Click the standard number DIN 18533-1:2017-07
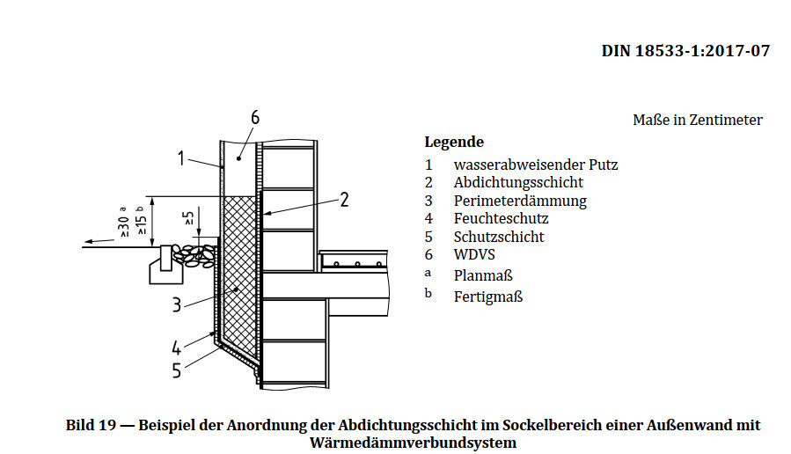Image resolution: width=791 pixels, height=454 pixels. point(685,51)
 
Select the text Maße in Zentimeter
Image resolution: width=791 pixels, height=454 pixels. point(697,120)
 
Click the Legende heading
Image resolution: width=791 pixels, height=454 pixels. point(454,142)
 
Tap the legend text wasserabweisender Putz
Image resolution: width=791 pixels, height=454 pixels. point(536,164)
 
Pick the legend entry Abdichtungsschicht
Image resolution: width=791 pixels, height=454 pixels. point(518,182)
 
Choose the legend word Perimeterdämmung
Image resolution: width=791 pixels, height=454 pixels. point(520,201)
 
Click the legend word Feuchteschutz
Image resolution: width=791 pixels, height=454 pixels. point(501,218)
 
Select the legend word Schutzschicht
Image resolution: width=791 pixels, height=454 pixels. point(499,237)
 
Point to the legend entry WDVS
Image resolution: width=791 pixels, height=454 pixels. point(473,254)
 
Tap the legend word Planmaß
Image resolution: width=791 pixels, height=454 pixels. point(483,275)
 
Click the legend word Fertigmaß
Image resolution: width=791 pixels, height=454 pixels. point(488,297)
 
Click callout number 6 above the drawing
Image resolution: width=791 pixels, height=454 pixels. point(255,118)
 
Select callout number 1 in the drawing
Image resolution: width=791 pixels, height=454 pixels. point(180,158)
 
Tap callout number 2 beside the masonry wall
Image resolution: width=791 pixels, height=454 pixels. point(344,200)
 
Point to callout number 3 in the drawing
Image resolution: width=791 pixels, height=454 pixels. point(177,304)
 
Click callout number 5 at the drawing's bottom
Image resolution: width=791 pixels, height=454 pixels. point(177,370)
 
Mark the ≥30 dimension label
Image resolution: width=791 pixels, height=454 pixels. point(122,227)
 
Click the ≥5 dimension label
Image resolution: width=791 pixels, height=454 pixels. point(188,220)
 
